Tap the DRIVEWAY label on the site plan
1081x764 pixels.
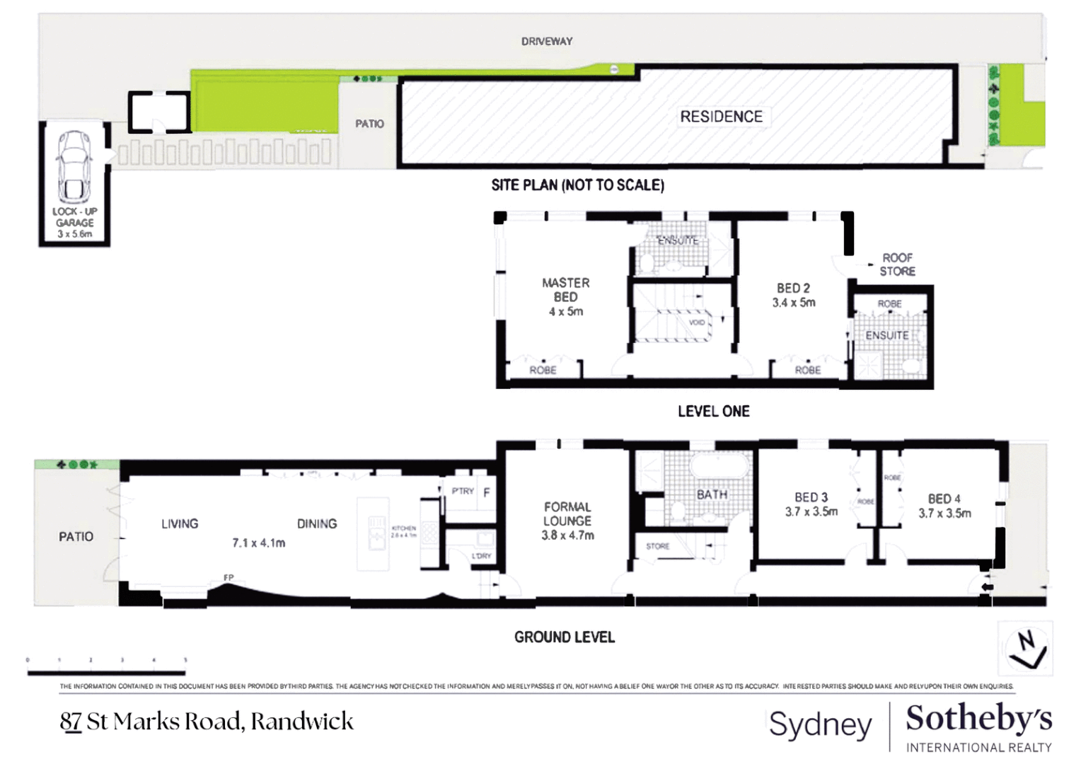coord(547,42)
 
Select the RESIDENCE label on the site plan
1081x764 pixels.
coord(721,117)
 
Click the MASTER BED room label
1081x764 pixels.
coord(565,290)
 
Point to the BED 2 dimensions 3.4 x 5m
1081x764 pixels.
coord(794,303)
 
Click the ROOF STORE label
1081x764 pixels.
coord(897,265)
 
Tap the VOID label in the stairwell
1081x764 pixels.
coord(697,323)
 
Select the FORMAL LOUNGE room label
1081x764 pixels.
coord(567,514)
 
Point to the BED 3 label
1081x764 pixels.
coord(811,497)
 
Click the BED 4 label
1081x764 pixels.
coord(944,499)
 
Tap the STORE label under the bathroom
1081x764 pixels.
coord(657,546)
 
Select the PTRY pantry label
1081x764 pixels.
coord(463,491)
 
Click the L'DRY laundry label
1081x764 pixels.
coord(481,556)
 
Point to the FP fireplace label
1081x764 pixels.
coord(229,578)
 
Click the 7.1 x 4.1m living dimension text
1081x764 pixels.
coord(259,543)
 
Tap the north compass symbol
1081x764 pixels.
coord(1026,648)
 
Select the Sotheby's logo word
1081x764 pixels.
coord(978,719)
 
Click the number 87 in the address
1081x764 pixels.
coord(71,722)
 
